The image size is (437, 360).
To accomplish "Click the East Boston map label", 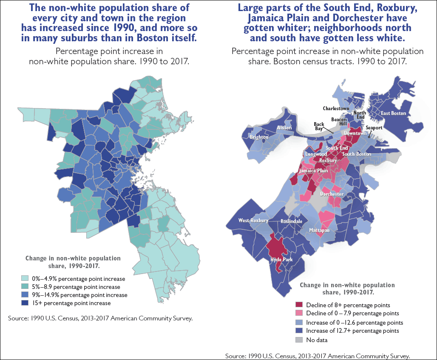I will tap(393, 113).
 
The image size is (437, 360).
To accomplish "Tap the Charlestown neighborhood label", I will tap(336, 109).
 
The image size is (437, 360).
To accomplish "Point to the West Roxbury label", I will tap(253, 220).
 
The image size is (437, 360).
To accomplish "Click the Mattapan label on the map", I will tap(319, 230).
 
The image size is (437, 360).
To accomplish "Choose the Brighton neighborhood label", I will tap(259, 137).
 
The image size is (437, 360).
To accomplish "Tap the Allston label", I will tap(284, 128).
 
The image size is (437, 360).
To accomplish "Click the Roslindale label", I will tap(291, 222).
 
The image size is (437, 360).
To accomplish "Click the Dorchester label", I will tap(332, 194).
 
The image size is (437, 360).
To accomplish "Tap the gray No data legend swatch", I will tap(299, 340).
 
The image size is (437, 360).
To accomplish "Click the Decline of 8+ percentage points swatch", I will tap(299, 305).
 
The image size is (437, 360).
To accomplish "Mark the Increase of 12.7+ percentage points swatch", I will tap(299, 331).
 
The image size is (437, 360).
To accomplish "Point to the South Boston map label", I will tap(357, 154).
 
